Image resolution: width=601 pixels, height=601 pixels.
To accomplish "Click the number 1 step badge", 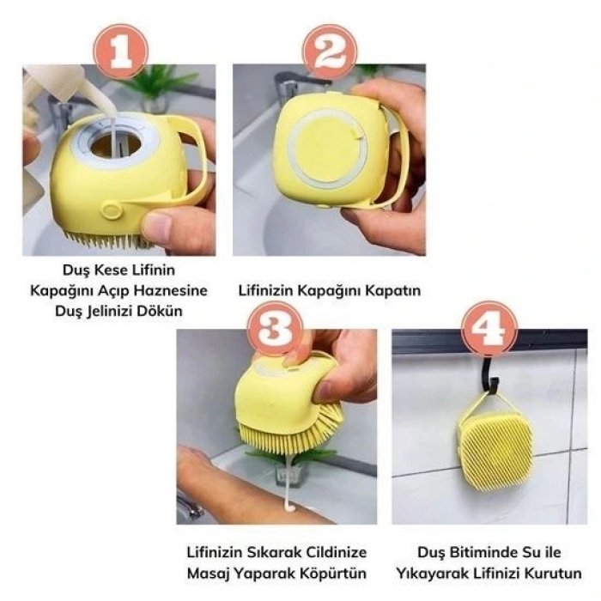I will tap(118, 52).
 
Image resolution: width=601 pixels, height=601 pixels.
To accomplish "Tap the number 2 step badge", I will tap(330, 52).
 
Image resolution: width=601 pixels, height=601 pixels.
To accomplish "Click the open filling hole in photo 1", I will tap(112, 143).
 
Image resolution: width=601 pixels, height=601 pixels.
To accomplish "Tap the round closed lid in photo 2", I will tap(327, 147).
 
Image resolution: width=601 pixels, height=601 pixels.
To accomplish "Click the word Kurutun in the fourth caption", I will tap(549, 573).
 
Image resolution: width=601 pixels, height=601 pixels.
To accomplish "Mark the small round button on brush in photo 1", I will tap(110, 210).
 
